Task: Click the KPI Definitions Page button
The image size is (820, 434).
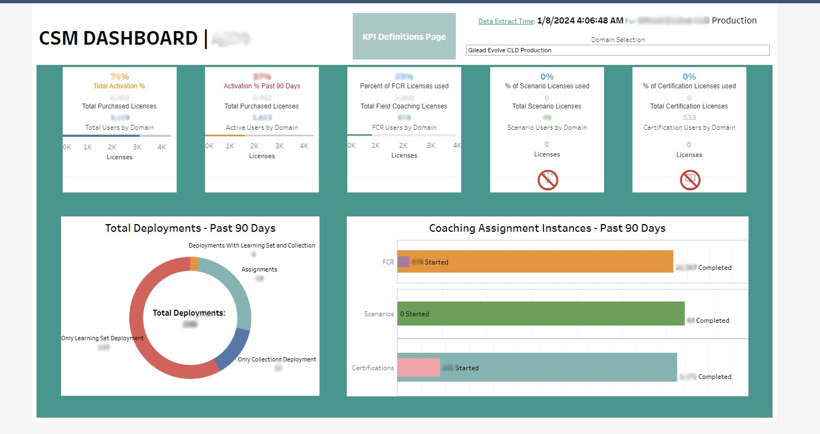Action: tap(404, 37)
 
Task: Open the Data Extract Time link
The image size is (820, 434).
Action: tap(506, 21)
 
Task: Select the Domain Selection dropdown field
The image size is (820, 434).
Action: tap(618, 50)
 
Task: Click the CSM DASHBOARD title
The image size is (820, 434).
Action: tap(118, 38)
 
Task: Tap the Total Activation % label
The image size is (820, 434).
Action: tap(119, 86)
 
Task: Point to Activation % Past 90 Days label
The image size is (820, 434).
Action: tap(262, 86)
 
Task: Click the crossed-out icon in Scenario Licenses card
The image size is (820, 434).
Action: tap(547, 180)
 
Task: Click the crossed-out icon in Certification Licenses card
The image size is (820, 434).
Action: tap(690, 180)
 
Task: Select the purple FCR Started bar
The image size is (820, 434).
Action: tap(403, 262)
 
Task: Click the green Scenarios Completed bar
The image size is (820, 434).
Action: tap(545, 314)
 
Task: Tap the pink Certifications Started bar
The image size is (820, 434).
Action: tap(418, 367)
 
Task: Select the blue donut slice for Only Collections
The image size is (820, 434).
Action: tap(232, 349)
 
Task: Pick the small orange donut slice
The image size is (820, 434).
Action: tap(194, 264)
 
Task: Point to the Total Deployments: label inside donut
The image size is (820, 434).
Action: tap(189, 313)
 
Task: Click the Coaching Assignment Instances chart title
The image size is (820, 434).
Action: tap(547, 228)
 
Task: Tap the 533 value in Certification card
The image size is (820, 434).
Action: tap(689, 117)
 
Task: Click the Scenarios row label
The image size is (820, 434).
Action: tap(379, 314)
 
